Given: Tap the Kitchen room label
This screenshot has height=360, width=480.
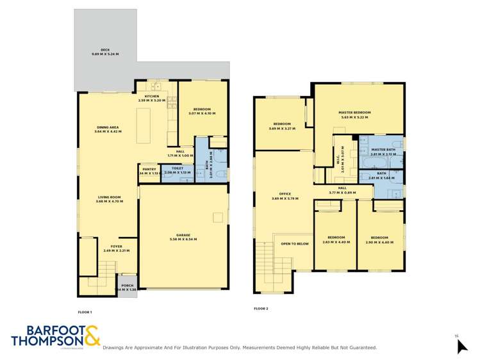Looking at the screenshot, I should click(x=152, y=96).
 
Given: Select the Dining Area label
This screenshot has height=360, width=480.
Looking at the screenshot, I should click(x=108, y=127).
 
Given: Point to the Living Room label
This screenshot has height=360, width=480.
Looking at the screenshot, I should click(x=109, y=197).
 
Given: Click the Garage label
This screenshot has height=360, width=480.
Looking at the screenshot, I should click(x=183, y=235).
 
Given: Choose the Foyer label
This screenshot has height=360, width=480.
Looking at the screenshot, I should click(x=116, y=246).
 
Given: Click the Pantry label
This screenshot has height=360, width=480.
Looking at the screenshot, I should click(x=149, y=170).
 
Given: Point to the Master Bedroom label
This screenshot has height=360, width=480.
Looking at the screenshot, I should click(x=354, y=112).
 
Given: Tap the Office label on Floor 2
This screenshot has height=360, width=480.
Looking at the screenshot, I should click(x=285, y=193).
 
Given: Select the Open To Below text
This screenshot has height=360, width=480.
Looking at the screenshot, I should click(x=295, y=244).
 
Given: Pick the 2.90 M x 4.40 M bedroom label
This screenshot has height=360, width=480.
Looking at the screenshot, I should click(x=381, y=238).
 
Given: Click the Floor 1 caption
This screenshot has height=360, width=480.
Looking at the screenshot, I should click(x=85, y=312).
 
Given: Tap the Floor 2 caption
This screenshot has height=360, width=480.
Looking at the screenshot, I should click(x=261, y=309).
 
